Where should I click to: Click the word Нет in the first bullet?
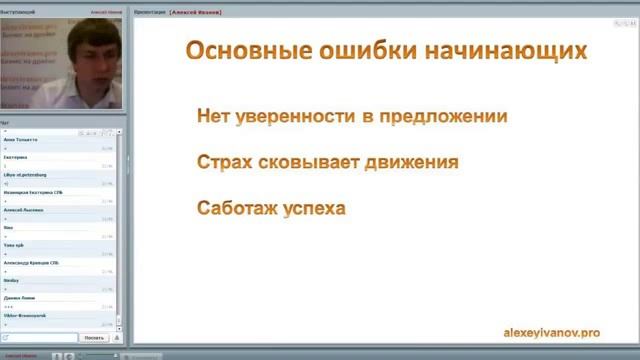click(x=215, y=116)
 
